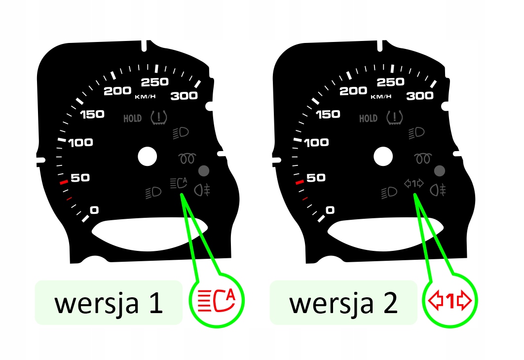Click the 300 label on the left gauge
[x=184, y=96]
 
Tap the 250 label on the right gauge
[x=390, y=82]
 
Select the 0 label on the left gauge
[x=94, y=210]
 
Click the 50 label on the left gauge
[x=80, y=178]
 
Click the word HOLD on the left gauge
[x=132, y=119]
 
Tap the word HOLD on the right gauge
[x=368, y=119]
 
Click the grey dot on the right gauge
[x=439, y=171]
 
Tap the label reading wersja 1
[x=109, y=303]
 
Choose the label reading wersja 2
[x=343, y=303]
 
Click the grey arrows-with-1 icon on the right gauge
[x=414, y=184]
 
